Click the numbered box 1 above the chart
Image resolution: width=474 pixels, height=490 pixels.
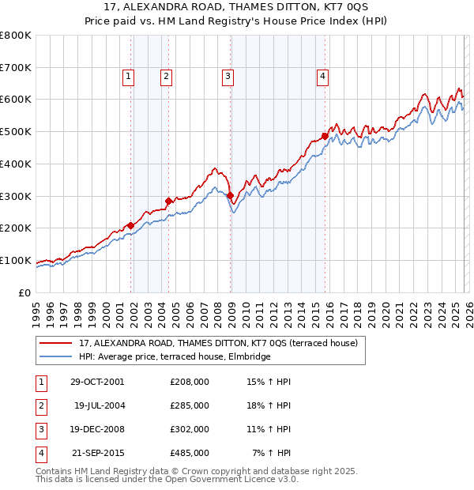pyautogui.click(x=127, y=77)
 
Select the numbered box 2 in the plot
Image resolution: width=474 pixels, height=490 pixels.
pyautogui.click(x=167, y=77)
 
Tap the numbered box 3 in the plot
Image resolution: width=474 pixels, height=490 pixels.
pyautogui.click(x=228, y=77)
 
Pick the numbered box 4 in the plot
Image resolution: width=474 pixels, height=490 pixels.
pyautogui.click(x=323, y=77)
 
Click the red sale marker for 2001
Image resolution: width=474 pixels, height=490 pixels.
pyautogui.click(x=130, y=225)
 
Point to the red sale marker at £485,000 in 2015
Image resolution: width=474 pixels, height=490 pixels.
pyautogui.click(x=325, y=136)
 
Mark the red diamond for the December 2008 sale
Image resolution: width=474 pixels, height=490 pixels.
pyautogui.click(x=230, y=195)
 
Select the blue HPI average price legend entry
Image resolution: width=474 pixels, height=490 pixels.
pyautogui.click(x=175, y=357)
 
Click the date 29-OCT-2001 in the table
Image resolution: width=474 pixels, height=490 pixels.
pyautogui.click(x=97, y=382)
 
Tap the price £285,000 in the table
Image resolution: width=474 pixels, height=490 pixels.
pyautogui.click(x=190, y=405)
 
